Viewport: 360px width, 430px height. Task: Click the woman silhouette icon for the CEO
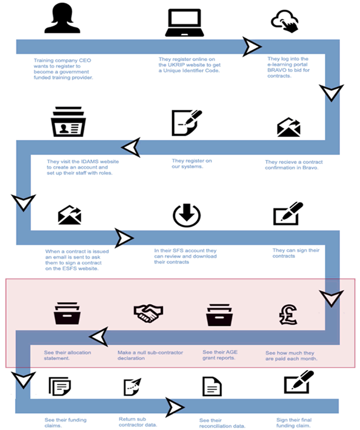pos(62,19)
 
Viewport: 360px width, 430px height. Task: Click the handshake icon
pos(148,313)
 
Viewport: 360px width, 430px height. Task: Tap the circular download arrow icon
pos(186,215)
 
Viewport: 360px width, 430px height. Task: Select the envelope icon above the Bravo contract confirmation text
pos(288,127)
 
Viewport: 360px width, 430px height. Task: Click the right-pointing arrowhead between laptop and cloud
pos(252,46)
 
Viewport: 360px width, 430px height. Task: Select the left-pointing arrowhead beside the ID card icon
pos(131,147)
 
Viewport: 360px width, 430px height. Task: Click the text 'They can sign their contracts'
pos(293,253)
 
